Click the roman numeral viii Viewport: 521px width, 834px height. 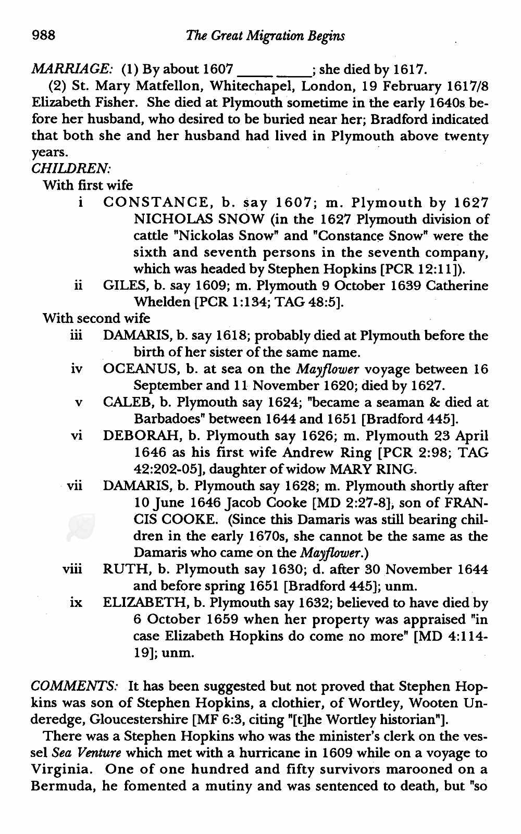(73, 569)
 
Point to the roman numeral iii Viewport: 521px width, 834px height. (76, 336)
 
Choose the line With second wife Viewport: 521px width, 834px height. (96, 319)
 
